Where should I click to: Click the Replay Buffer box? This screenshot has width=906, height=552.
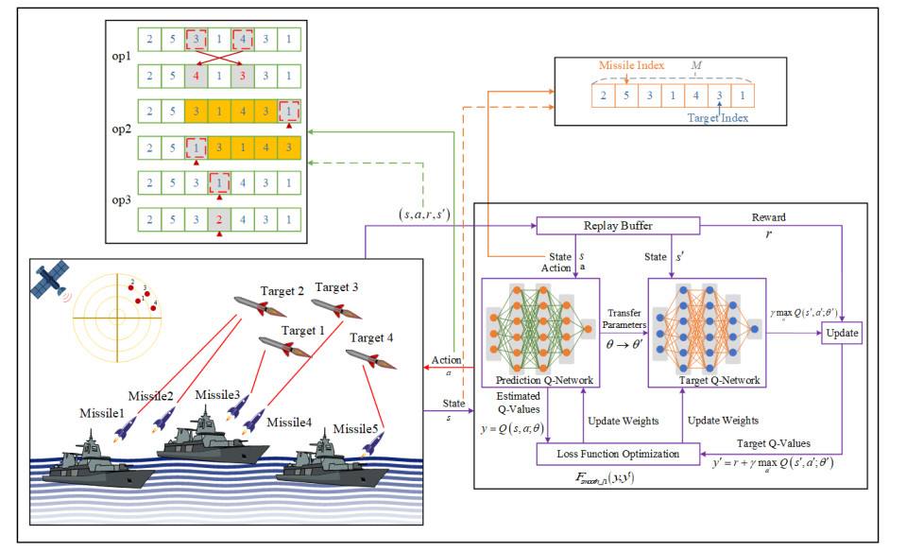[x=617, y=225]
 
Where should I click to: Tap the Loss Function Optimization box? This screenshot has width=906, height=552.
[x=619, y=454]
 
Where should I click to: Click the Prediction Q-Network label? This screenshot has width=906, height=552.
[x=537, y=381]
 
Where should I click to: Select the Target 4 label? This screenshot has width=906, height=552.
[x=372, y=337]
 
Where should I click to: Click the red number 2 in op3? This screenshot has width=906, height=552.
[x=219, y=220]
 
